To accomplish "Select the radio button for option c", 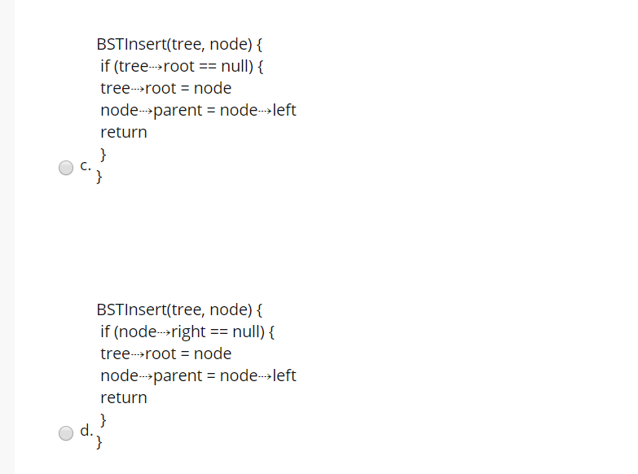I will click(x=66, y=168).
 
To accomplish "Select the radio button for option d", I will click(x=66, y=433).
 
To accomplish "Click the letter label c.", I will click(x=86, y=167).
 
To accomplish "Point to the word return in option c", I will click(x=124, y=132).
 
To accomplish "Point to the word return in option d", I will click(x=124, y=397).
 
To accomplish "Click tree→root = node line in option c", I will click(x=165, y=88).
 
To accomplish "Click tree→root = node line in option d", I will click(x=165, y=353).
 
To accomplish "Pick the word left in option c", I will click(x=284, y=110).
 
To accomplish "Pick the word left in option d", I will click(x=284, y=375).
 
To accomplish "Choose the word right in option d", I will click(x=189, y=331).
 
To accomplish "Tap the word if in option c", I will click(x=105, y=66).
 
